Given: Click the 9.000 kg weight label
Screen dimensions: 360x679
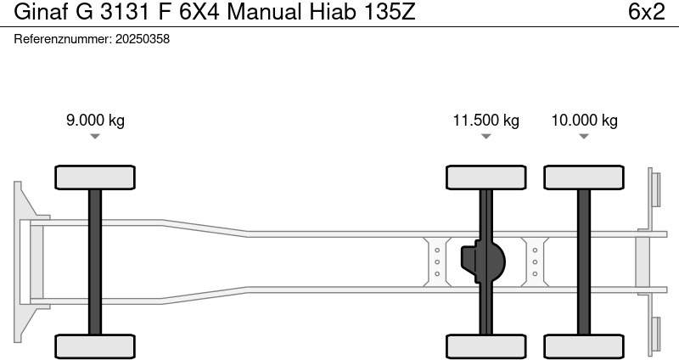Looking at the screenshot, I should (x=95, y=120).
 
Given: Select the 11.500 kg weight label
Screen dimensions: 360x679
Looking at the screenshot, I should (x=485, y=120).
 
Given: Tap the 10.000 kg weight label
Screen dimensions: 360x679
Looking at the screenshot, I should (x=584, y=120).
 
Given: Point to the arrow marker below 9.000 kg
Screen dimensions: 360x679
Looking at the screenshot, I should (x=95, y=137).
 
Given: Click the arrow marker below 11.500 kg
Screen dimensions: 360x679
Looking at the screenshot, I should (x=485, y=137).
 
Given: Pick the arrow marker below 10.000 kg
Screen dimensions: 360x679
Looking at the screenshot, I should (x=584, y=137).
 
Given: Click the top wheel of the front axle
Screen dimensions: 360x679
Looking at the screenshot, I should (x=95, y=177).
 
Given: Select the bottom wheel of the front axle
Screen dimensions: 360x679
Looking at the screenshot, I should (x=95, y=346).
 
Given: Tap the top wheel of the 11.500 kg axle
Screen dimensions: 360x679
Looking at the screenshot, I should (x=485, y=177).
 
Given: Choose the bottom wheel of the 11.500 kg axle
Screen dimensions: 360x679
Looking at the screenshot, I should (x=485, y=346).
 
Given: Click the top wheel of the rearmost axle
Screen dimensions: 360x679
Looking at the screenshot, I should (x=584, y=177).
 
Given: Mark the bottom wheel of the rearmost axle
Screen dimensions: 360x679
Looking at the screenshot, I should (x=584, y=346).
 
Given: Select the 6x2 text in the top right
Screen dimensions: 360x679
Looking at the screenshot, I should (x=646, y=14).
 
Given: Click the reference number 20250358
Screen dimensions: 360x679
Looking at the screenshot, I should (x=142, y=39).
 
